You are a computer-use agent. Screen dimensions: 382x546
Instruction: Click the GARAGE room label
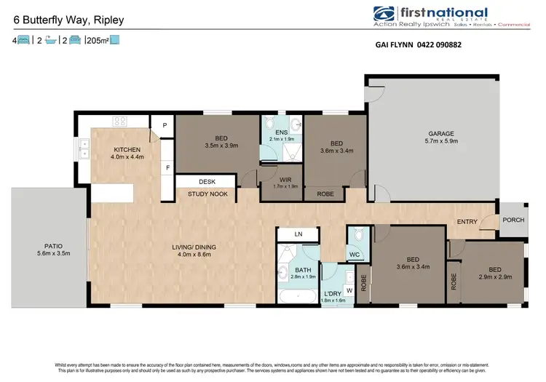(x=441, y=134)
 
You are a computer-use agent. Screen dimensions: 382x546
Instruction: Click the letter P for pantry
(x=165, y=126)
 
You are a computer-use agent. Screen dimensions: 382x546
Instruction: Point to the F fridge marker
(x=168, y=167)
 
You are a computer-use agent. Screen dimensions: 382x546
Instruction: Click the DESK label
(x=207, y=182)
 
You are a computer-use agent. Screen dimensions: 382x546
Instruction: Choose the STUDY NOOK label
(x=208, y=194)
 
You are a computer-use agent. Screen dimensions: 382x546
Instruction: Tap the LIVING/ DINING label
(x=194, y=247)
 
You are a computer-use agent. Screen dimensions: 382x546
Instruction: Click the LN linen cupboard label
(x=297, y=234)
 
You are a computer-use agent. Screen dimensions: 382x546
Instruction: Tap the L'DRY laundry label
(x=334, y=293)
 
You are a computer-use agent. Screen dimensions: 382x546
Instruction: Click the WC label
(x=355, y=255)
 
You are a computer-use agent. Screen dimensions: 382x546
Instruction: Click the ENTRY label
(x=467, y=221)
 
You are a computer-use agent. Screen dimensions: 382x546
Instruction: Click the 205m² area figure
(x=97, y=41)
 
